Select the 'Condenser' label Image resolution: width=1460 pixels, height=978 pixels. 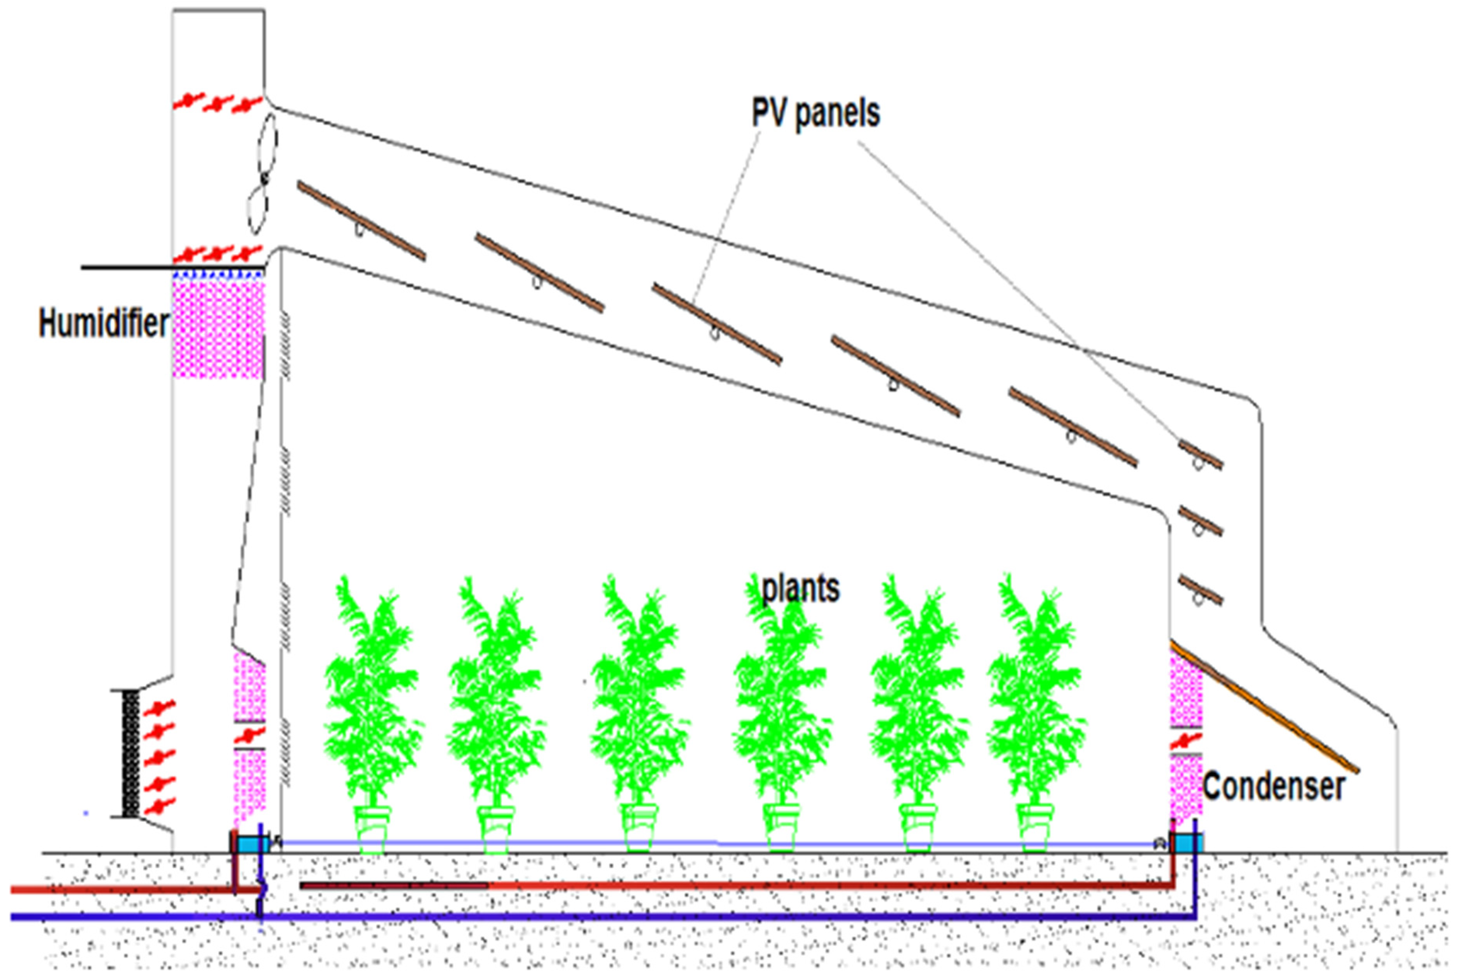pos(1273,787)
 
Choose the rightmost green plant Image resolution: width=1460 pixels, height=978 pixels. pos(1035,698)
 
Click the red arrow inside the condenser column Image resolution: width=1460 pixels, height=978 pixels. pos(1186,741)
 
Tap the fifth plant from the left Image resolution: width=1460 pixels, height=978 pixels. pos(918,698)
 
